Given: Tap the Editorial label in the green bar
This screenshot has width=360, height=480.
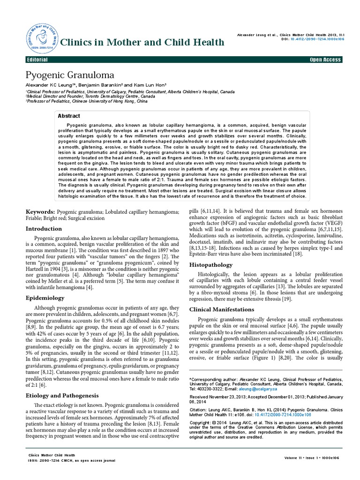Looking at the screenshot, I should [x=38, y=60].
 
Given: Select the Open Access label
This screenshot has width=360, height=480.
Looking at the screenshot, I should [x=326, y=60].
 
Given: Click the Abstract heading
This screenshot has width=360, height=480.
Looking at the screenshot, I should [x=69, y=116].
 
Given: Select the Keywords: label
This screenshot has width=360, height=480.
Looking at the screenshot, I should [x=42, y=212].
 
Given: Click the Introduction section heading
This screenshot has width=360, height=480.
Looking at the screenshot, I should [x=44, y=229].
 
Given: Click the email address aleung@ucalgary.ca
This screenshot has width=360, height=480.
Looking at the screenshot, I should [x=258, y=389].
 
